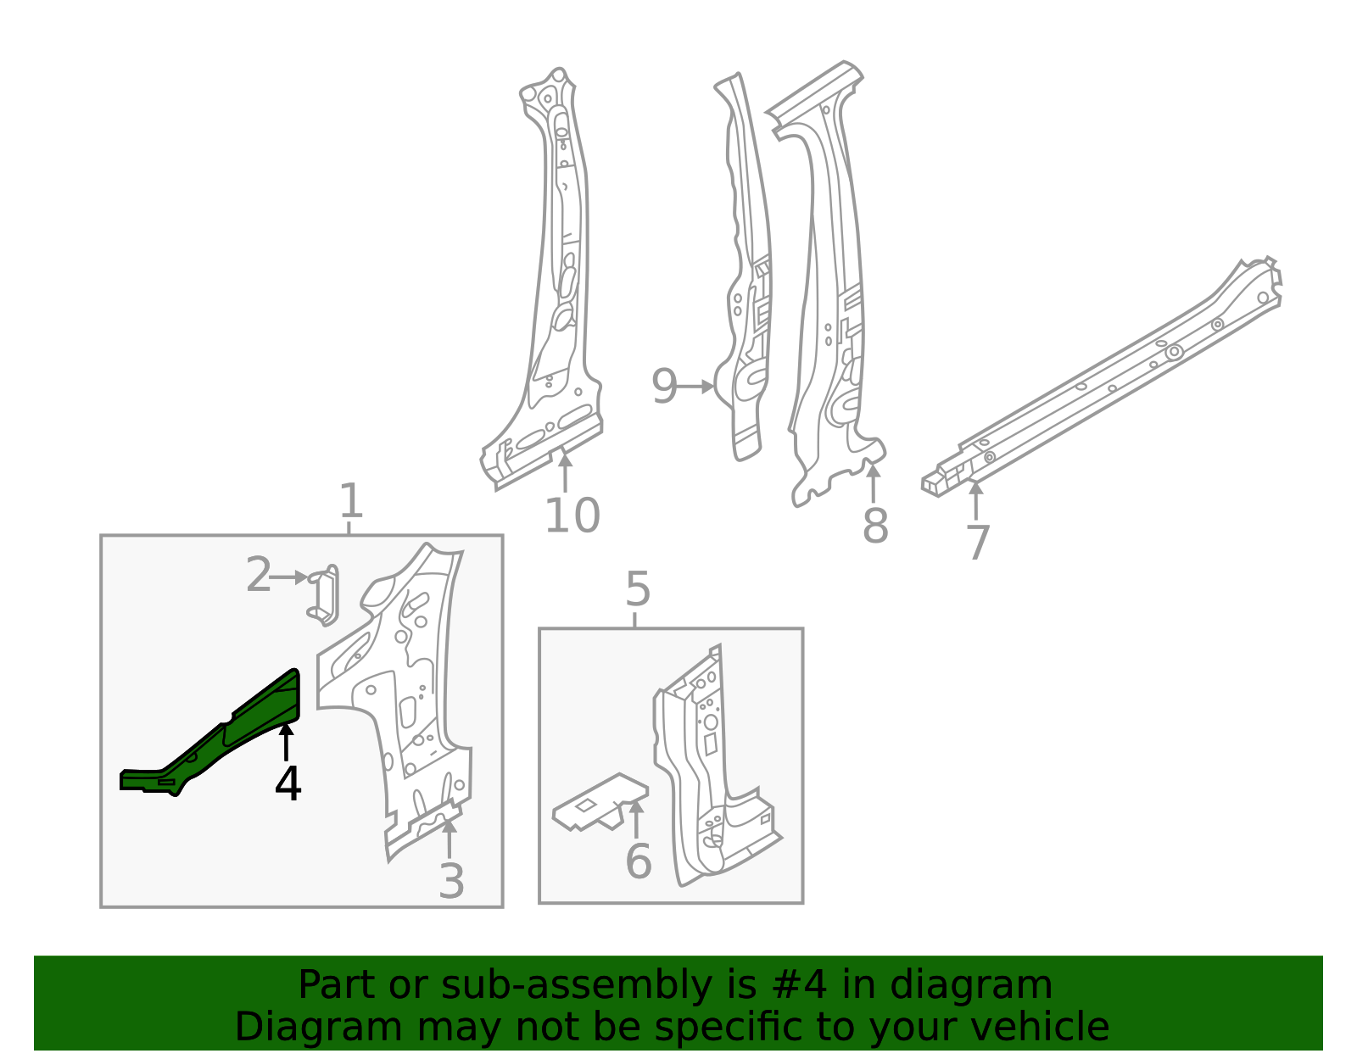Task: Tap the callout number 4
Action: tap(288, 783)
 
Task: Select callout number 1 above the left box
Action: tap(350, 501)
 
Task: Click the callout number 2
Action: tap(259, 576)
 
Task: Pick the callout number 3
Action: tap(451, 882)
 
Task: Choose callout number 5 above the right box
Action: tap(637, 589)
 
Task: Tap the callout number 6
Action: tap(638, 861)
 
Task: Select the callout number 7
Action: tap(978, 543)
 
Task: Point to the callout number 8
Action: tap(875, 526)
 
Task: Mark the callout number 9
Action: tap(664, 387)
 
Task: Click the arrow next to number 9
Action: tap(697, 387)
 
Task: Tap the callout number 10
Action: tap(572, 516)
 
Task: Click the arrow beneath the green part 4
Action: tap(287, 741)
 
